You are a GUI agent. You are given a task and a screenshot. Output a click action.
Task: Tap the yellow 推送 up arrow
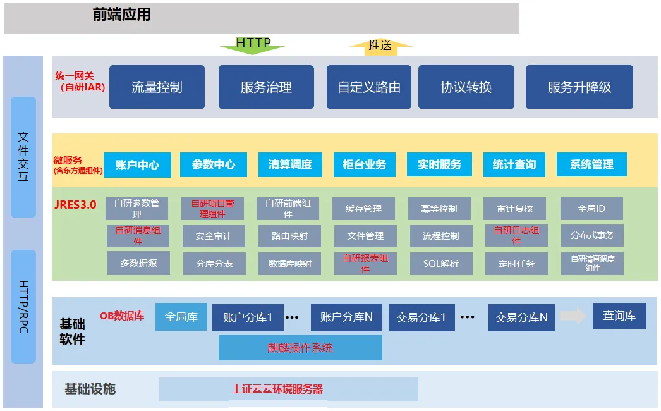(x=380, y=46)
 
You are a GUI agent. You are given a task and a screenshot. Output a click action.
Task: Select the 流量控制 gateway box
(x=157, y=87)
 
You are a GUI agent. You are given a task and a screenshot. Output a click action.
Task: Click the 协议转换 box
(x=466, y=87)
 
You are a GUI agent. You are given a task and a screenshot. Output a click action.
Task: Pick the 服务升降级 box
(x=579, y=87)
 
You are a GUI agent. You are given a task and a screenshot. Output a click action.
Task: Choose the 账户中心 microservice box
(x=137, y=165)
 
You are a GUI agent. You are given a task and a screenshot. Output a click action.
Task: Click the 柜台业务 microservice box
(x=364, y=165)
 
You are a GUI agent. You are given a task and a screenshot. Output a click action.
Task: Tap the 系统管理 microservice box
(x=591, y=165)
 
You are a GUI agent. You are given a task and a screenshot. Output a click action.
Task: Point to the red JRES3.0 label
(x=75, y=204)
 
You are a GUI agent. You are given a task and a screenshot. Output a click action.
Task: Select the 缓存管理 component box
(x=364, y=209)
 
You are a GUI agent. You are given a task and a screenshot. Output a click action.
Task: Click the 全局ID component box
(x=591, y=209)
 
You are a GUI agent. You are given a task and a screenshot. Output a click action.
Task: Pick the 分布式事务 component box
(x=591, y=236)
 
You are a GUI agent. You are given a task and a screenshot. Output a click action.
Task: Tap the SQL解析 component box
(x=440, y=264)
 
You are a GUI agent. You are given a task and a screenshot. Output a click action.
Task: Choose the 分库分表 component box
(x=213, y=264)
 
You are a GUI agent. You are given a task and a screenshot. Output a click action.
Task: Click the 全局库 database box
(x=181, y=316)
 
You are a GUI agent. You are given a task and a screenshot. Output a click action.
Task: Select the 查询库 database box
(x=619, y=316)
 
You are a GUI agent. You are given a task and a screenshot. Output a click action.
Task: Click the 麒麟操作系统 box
(x=300, y=348)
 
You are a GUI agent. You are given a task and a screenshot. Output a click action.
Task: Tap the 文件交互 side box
(x=23, y=157)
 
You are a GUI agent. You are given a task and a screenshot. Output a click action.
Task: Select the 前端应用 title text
(x=122, y=15)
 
